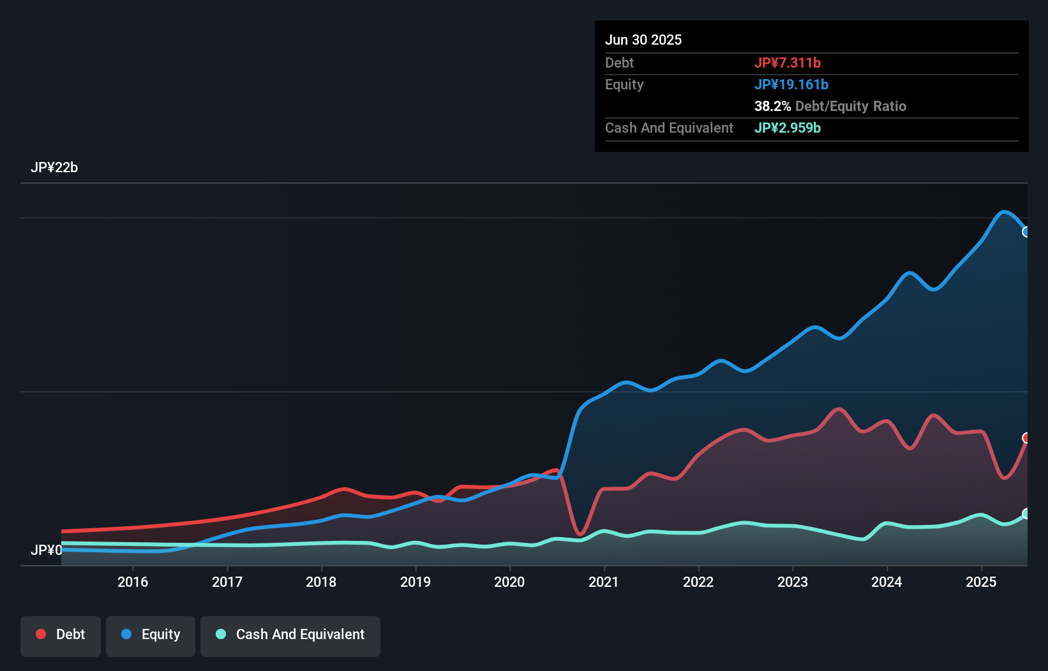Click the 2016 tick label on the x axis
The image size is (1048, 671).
[x=133, y=582]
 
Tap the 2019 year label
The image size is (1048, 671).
[x=415, y=582]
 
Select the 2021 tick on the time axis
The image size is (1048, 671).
[x=604, y=582]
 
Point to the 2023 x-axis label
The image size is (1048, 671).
[x=793, y=582]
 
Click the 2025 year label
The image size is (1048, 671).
[x=981, y=582]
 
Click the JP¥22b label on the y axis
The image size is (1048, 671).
[x=54, y=168]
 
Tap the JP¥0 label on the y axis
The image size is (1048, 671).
[x=46, y=550]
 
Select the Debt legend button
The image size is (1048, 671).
[x=61, y=635]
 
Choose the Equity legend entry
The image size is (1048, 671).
[x=151, y=635]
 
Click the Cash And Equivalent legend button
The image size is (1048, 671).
[x=290, y=635]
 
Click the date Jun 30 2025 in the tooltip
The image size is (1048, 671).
[x=643, y=40]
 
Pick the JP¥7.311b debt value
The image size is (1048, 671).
[x=788, y=63]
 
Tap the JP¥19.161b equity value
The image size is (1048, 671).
[x=791, y=84]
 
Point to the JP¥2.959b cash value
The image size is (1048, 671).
[x=788, y=128]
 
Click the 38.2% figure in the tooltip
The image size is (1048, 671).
[x=772, y=106]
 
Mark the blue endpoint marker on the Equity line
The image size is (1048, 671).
[x=1026, y=232]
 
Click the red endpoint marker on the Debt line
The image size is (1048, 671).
[x=1026, y=438]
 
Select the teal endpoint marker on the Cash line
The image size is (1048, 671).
[x=1026, y=513]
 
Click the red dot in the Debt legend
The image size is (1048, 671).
[x=41, y=634]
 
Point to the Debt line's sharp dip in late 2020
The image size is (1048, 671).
[x=580, y=533]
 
